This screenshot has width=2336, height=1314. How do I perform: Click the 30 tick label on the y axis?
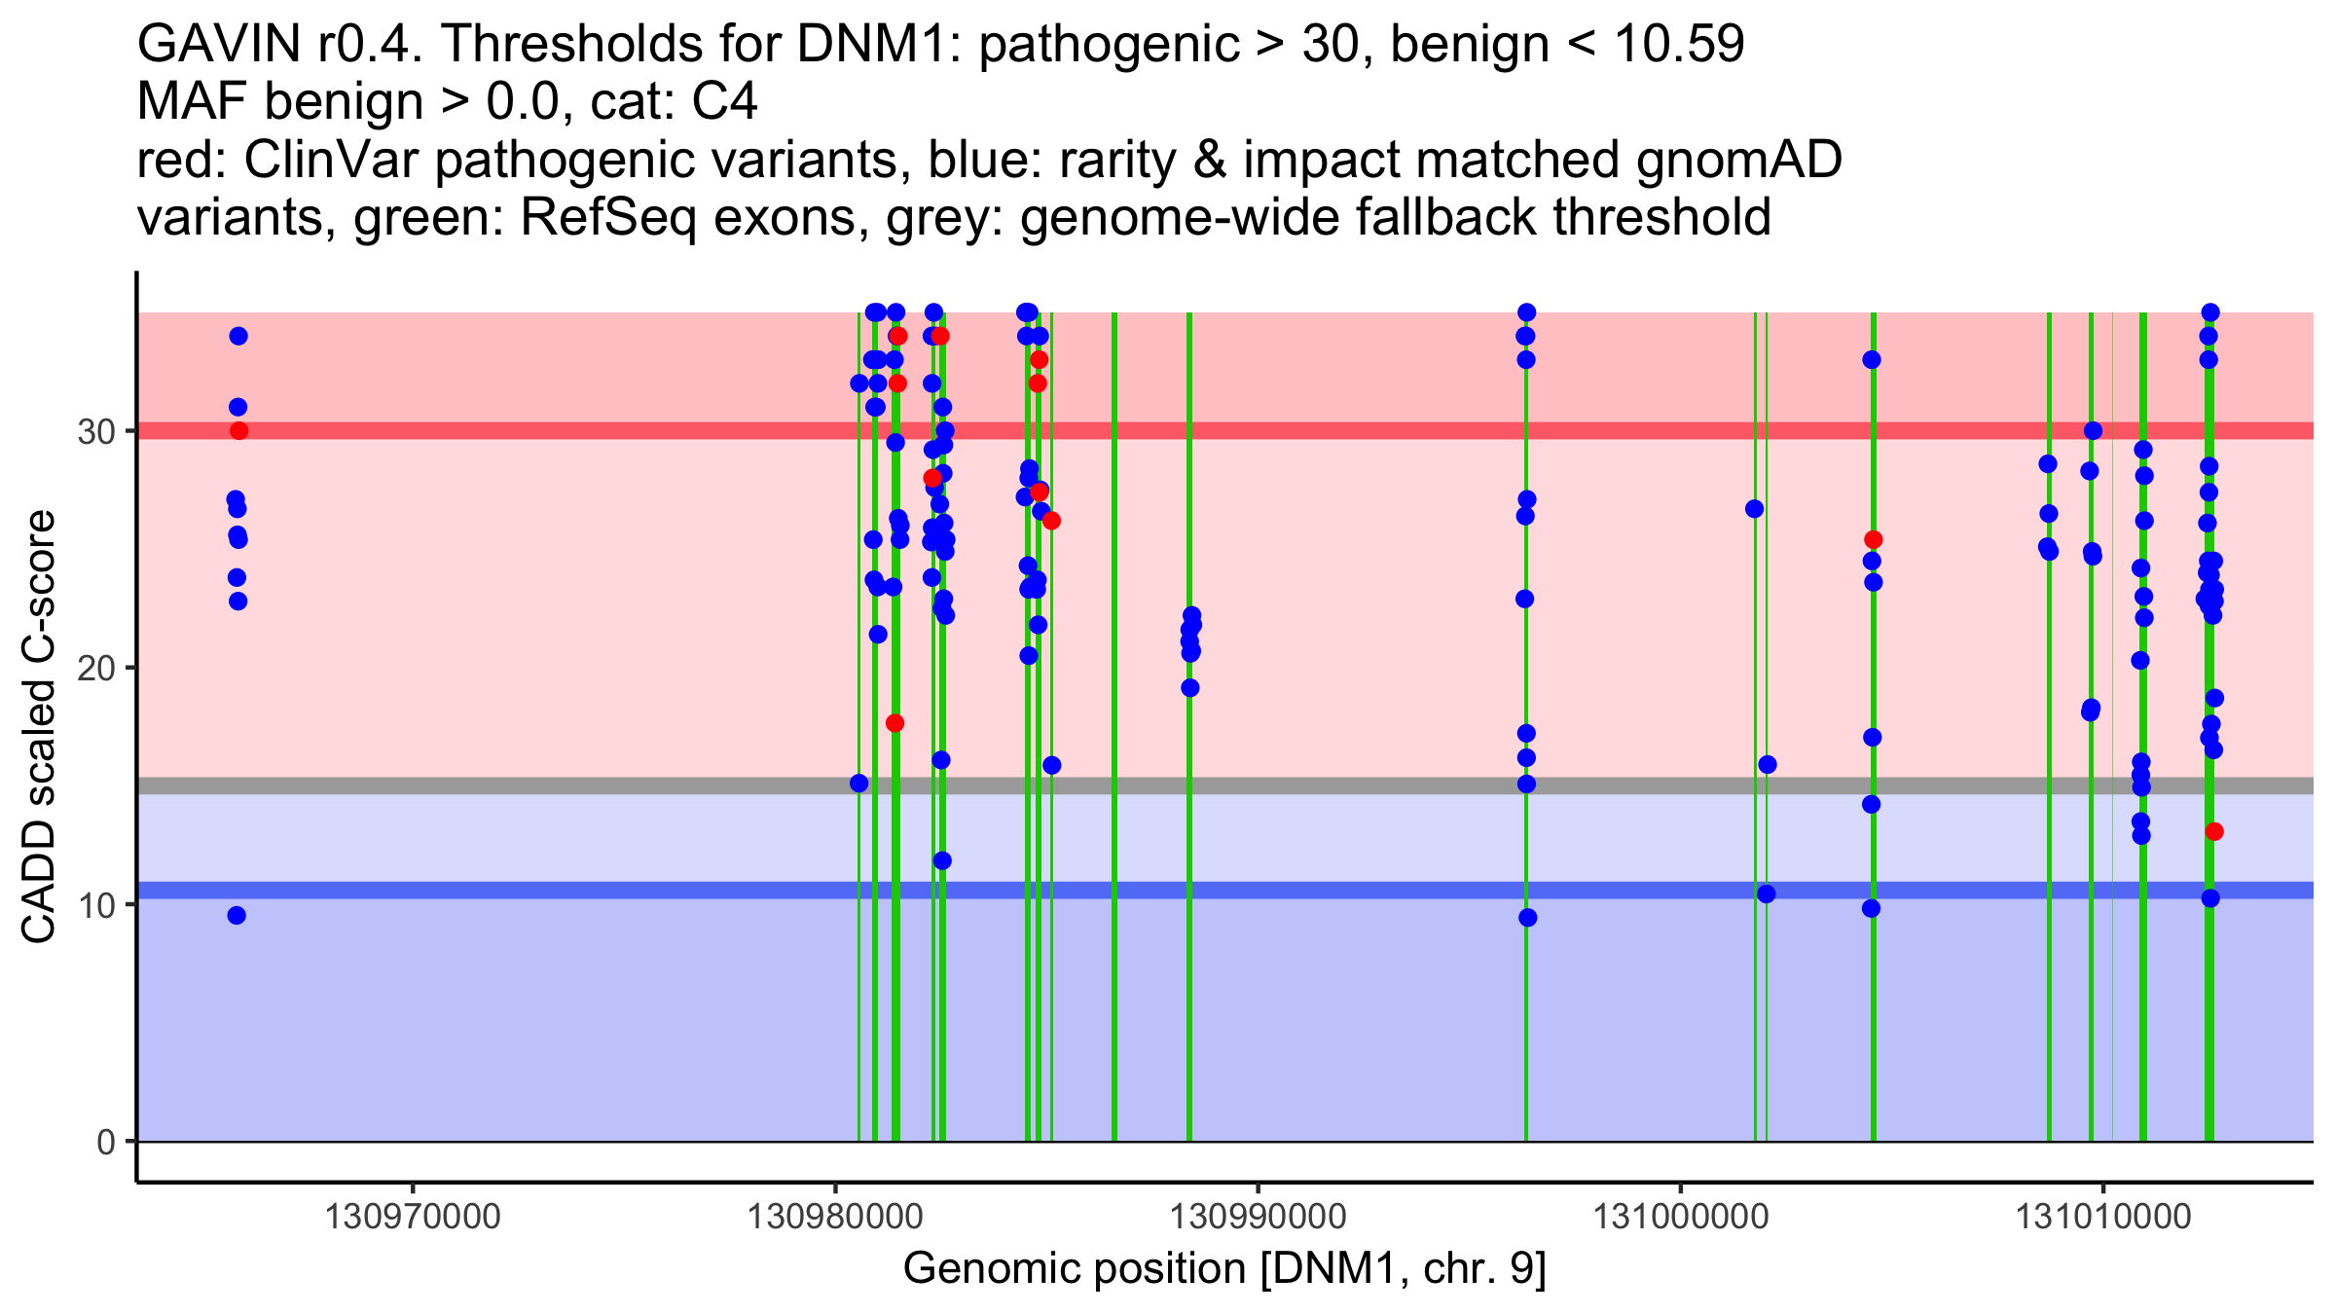tap(95, 431)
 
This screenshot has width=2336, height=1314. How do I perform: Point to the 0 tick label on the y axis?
tap(105, 1142)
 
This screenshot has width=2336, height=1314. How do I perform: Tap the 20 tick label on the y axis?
tap(95, 668)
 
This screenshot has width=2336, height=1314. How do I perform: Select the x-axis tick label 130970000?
tap(412, 1217)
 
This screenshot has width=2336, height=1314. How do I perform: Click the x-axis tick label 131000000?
tap(1680, 1217)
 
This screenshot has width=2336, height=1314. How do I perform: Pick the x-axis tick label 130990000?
tap(1258, 1217)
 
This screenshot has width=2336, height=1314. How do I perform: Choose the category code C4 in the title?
tap(724, 102)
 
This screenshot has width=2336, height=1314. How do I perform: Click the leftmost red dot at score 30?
tap(238, 430)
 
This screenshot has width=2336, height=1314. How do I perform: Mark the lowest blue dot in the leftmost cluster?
tap(237, 915)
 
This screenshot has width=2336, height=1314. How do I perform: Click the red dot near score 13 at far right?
tap(2214, 831)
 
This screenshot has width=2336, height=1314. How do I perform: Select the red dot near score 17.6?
tap(894, 723)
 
